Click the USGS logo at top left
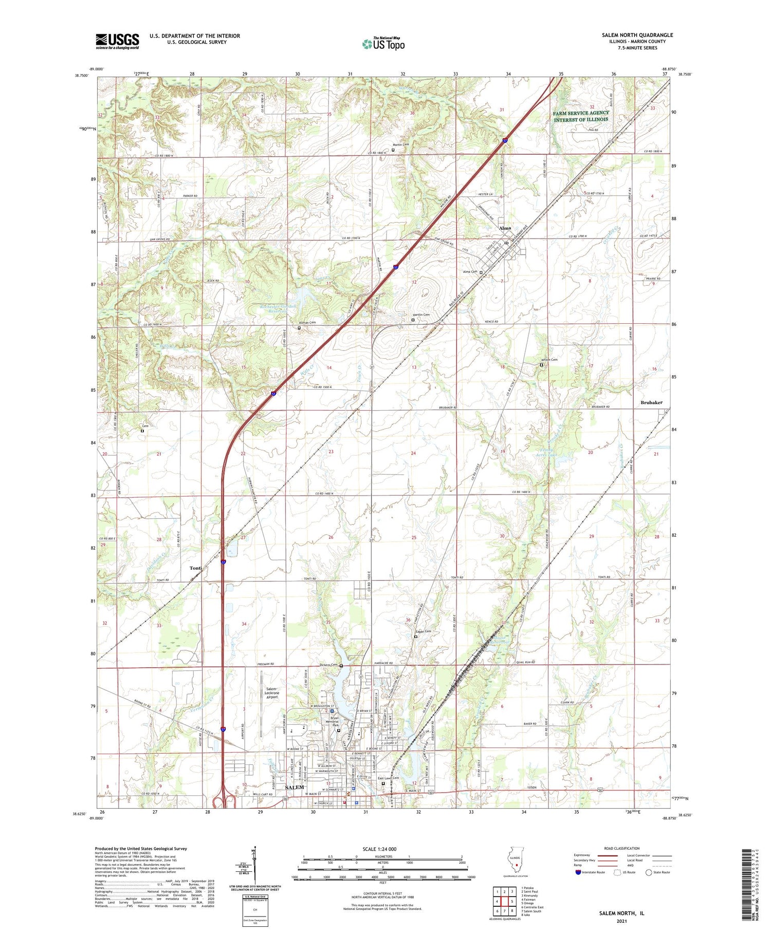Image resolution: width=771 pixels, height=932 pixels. [117, 41]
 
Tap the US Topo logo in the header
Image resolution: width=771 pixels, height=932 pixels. [383, 44]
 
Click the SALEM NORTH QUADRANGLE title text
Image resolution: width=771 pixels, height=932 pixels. [637, 35]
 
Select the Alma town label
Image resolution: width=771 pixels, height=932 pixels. [505, 228]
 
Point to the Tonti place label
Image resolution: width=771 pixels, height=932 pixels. [195, 568]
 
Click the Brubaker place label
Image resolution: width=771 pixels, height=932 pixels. [651, 403]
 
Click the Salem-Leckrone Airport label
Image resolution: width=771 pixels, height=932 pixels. [271, 693]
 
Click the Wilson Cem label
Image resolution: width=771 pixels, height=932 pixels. [550, 360]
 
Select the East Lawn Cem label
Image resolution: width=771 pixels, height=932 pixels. [388, 778]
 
